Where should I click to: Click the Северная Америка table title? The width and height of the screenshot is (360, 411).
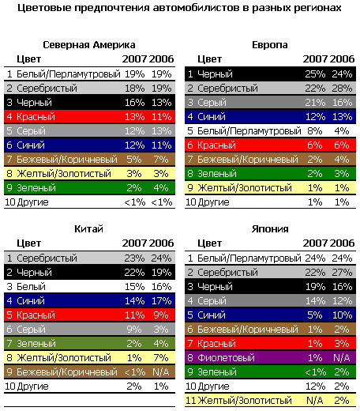pos(89,45)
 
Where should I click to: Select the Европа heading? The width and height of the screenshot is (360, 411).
pos(270,45)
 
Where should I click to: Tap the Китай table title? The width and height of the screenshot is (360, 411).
pos(88,229)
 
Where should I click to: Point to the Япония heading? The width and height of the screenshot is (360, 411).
pos(270,229)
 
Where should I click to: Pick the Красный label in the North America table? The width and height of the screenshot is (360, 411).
pos(36,117)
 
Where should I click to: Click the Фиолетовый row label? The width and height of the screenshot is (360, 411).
pos(226,358)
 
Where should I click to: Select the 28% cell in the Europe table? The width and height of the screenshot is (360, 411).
pos(342,89)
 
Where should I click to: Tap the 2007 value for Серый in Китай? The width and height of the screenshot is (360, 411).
pos(134,330)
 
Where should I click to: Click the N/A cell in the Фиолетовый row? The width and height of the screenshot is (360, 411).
pos(342,358)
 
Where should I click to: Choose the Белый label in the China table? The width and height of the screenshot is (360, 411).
pos(31,287)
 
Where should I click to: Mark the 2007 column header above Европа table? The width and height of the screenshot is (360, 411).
pos(315,59)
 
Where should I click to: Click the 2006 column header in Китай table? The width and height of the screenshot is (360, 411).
pos(162,243)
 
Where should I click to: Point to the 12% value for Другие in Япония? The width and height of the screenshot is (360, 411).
pos(315,386)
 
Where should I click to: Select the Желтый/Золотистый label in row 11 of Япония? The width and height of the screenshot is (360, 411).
pos(245,401)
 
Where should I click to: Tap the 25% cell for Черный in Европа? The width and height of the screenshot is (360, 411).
pos(315,74)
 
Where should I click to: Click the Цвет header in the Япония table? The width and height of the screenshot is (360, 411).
pos(210,243)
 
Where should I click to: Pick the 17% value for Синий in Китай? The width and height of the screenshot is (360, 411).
pos(161,301)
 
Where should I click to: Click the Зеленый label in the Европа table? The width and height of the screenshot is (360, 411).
pos(217,174)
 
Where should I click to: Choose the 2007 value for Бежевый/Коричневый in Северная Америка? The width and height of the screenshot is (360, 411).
pos(134,160)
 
